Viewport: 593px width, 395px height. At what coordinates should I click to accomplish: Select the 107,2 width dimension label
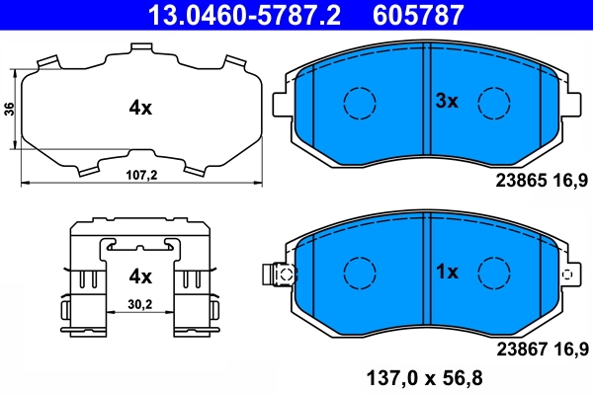pyautogui.click(x=142, y=175)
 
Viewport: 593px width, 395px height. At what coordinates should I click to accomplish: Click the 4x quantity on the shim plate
pyautogui.click(x=139, y=109)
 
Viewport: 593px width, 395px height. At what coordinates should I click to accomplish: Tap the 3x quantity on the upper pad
pyautogui.click(x=448, y=101)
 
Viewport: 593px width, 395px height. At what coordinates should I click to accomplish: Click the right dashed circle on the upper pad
pyautogui.click(x=494, y=102)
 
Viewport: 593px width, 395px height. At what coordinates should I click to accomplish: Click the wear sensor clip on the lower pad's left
pyautogui.click(x=280, y=275)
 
